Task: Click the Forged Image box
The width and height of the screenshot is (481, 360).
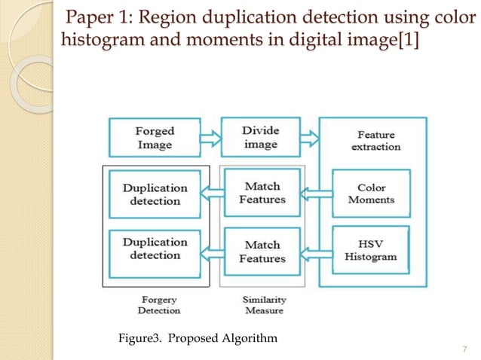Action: pyautogui.click(x=155, y=137)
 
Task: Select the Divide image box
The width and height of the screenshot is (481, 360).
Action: pyautogui.click(x=261, y=137)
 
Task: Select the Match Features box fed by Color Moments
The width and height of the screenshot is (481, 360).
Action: pyautogui.click(x=262, y=194)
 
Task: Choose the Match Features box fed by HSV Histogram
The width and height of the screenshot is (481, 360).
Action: pyautogui.click(x=262, y=252)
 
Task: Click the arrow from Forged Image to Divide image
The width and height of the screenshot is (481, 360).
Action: pyautogui.click(x=211, y=137)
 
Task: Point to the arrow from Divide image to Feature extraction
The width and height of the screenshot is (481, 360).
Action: pyautogui.click(x=310, y=137)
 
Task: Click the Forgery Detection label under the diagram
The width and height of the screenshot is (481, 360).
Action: pyautogui.click(x=158, y=305)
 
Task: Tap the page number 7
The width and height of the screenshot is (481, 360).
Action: pyautogui.click(x=463, y=348)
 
